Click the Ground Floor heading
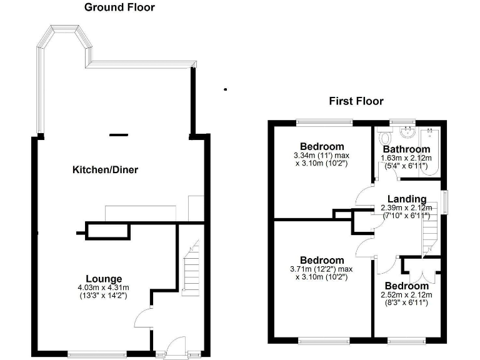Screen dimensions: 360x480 119,7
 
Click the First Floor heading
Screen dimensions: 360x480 356,101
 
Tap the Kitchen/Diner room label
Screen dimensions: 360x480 105,170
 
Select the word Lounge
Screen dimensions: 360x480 104,279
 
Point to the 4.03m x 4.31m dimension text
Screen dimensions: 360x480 104,287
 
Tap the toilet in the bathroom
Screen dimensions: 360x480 386,137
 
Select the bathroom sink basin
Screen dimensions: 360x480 407,132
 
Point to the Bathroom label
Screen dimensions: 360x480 406,149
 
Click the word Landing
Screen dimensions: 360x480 406,199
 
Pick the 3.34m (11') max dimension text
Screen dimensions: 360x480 321,155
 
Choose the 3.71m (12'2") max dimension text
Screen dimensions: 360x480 321,269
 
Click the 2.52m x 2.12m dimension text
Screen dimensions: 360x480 406,295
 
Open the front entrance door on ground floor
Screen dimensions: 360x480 176,346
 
